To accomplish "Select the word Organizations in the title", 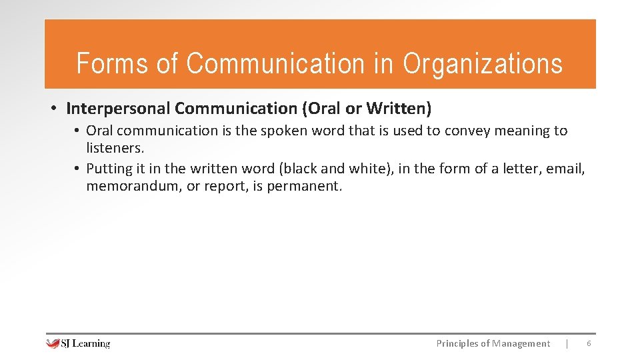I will tap(483, 63).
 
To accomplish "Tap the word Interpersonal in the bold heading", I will tap(118, 108).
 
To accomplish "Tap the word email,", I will tap(565, 169).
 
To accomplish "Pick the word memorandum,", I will tap(133, 186).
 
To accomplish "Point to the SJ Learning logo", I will tap(78, 343).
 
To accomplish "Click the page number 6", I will tap(589, 343).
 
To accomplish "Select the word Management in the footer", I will tap(521, 343).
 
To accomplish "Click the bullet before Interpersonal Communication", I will tap(52, 109).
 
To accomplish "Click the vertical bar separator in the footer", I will tap(567, 343).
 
